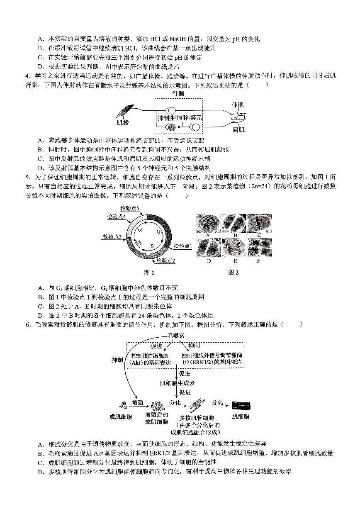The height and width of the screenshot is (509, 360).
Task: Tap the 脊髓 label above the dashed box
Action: point(179,94)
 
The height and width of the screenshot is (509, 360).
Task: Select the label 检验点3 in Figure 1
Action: point(112,237)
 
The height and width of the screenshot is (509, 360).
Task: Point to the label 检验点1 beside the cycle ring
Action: point(183,246)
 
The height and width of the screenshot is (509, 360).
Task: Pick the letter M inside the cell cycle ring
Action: point(140,230)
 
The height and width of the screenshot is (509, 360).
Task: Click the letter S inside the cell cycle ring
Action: point(152,246)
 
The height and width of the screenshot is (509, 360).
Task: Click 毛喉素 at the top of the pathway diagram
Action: point(176,335)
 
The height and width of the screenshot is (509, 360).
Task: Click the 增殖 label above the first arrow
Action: point(137,402)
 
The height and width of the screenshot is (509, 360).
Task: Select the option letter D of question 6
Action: point(40,472)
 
